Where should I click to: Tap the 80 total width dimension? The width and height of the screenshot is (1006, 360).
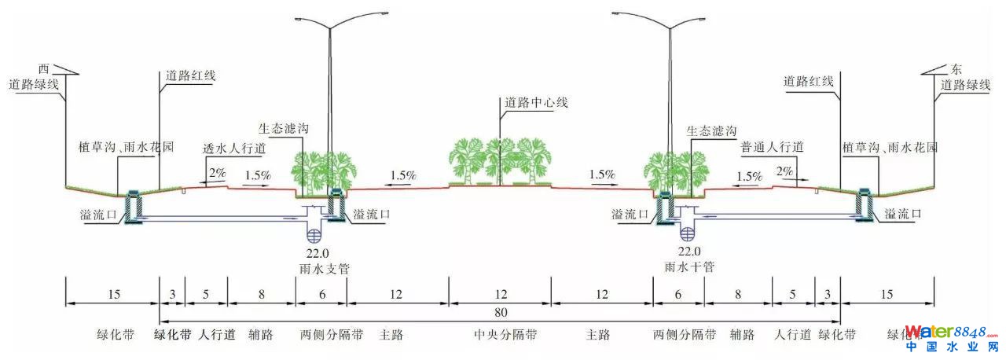click(500, 313)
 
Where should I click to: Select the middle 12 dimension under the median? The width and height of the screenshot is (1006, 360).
click(500, 295)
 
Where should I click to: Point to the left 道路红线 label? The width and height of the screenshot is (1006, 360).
click(190, 75)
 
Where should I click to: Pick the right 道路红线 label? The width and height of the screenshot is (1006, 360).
click(808, 81)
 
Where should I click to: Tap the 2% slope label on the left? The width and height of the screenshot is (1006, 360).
click(216, 172)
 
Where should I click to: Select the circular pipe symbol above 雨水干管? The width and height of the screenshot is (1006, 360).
click(688, 233)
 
